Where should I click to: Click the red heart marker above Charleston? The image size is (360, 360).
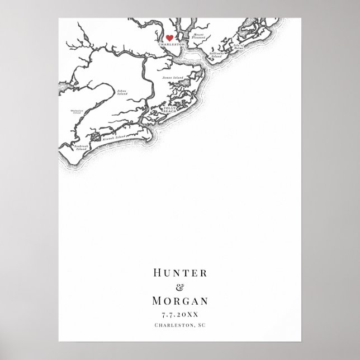coord(162,38)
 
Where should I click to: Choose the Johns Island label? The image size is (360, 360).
coord(121,92)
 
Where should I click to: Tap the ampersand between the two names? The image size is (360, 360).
coord(179,288)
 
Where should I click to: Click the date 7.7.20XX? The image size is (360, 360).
coord(179,315)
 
